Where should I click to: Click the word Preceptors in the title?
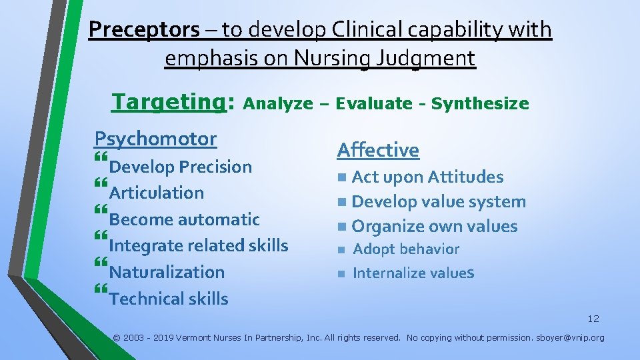pos(144,30)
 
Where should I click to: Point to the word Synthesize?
pos(480,104)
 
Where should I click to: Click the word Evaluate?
pos(374,104)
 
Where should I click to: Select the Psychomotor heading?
pos(155,139)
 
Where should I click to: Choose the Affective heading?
pos(378,150)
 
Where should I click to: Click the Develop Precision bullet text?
pos(181,167)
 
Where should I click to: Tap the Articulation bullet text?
pos(157,193)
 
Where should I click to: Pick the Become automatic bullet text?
pos(185,219)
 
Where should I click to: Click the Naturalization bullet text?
pos(167,272)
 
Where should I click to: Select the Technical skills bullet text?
pos(169,299)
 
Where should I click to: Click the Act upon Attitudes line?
pos(427,177)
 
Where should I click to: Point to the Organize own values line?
pos(434,227)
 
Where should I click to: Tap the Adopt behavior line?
pos(406,249)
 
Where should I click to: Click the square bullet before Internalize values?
pos(340,273)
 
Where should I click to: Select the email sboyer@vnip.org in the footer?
pos(570,338)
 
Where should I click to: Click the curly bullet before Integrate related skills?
pos(101,237)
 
